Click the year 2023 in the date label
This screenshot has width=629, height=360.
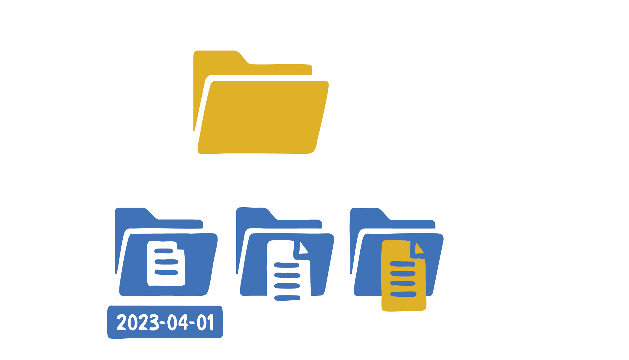pyautogui.click(x=137, y=322)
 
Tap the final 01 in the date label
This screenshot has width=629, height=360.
pyautogui.click(x=206, y=322)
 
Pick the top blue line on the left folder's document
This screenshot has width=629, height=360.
pyautogui.click(x=163, y=251)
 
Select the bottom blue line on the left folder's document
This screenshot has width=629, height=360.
pyautogui.click(x=166, y=272)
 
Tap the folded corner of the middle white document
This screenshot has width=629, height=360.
pyautogui.click(x=304, y=249)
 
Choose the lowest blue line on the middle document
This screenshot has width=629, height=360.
pyautogui.click(x=287, y=298)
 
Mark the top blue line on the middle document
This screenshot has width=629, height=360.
pyautogui.click(x=286, y=265)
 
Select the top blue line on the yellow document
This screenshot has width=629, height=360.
pyautogui.click(x=402, y=264)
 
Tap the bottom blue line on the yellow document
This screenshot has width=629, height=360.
pyautogui.click(x=403, y=294)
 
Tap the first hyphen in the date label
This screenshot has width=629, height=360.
pyautogui.click(x=162, y=323)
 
